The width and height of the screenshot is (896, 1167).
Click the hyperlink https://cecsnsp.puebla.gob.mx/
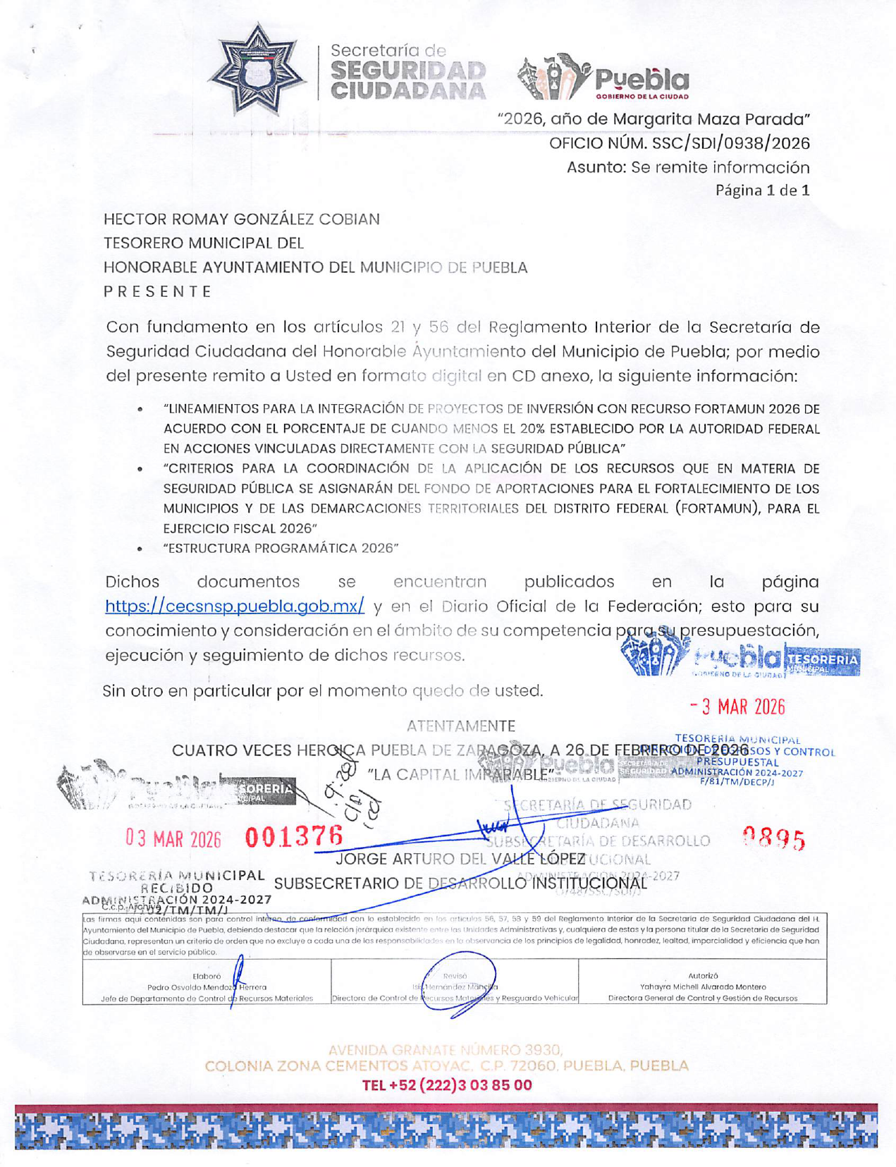235,606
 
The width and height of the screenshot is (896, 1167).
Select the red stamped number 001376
294,837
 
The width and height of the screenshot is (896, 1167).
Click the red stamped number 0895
774,840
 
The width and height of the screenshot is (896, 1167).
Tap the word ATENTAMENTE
461,726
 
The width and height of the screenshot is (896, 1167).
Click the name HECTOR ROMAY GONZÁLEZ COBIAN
241,219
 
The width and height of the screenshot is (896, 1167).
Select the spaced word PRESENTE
157,291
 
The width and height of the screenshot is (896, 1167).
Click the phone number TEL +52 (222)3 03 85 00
447,1084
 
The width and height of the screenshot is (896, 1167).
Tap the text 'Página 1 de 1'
762,190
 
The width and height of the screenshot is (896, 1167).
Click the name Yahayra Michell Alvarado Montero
702,986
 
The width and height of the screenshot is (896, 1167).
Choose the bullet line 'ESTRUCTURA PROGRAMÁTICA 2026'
281,548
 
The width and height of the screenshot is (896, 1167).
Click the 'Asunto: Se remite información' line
688,167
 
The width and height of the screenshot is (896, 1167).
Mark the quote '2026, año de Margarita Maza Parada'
653,118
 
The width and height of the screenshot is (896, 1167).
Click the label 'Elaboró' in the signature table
207,977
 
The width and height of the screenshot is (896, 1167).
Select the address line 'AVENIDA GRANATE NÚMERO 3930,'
446,1051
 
